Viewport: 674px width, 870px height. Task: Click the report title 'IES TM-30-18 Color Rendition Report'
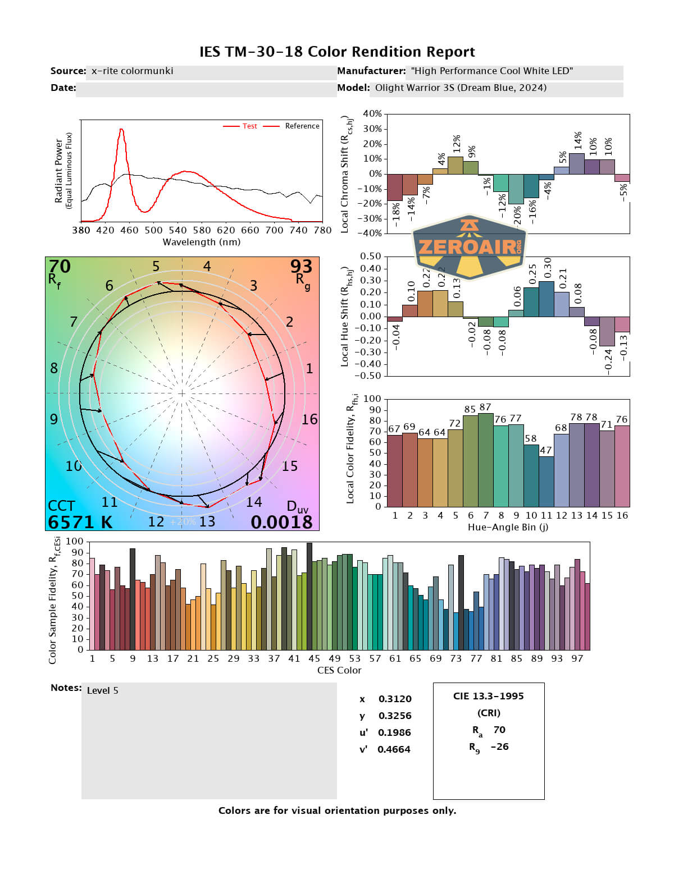(x=337, y=52)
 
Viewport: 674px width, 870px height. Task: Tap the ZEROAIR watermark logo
(x=469, y=247)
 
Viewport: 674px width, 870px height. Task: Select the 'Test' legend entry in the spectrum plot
(x=249, y=126)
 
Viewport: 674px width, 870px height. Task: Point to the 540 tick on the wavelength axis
(x=177, y=230)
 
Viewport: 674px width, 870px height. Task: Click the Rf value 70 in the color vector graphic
(x=60, y=266)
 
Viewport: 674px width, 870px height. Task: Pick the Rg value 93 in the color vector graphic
(x=301, y=266)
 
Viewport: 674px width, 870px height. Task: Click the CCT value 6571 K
(x=80, y=522)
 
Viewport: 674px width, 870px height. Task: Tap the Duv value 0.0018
(x=281, y=522)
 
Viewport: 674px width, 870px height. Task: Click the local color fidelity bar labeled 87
(x=485, y=460)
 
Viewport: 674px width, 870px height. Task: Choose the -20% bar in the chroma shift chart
(x=516, y=189)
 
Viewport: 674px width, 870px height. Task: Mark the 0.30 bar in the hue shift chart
(x=546, y=299)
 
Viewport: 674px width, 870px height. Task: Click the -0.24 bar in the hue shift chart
(x=607, y=331)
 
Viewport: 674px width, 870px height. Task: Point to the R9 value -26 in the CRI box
(x=499, y=747)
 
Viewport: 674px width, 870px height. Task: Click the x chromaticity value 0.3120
(x=394, y=699)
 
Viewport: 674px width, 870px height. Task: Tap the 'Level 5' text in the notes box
(x=102, y=690)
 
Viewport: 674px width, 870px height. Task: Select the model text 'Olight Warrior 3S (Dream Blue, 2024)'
(x=461, y=88)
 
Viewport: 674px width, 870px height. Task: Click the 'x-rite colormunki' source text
(x=132, y=71)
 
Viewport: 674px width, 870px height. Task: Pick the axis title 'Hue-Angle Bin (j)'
(x=508, y=527)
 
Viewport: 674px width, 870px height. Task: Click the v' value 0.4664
(x=394, y=749)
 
